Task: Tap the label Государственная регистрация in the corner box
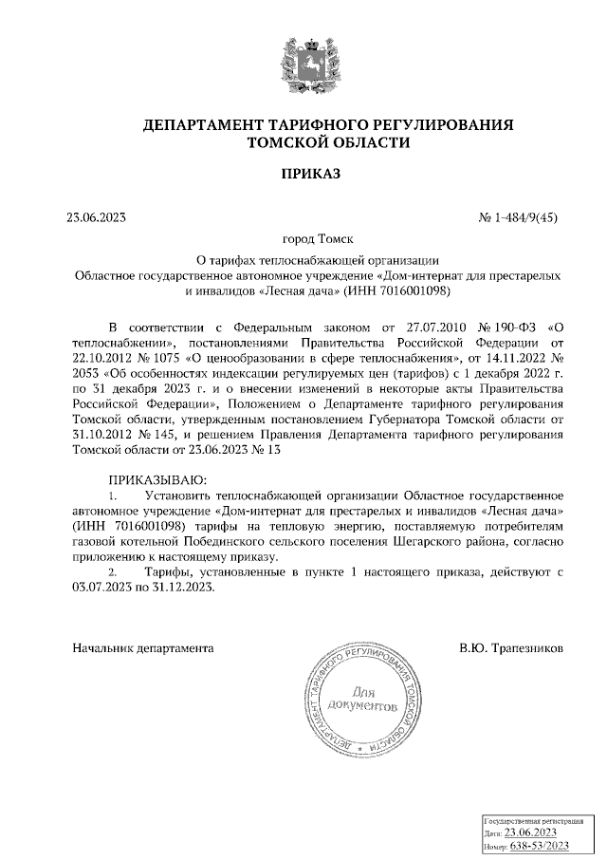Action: tap(531, 818)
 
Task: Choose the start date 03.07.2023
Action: tap(105, 587)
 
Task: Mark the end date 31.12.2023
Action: tap(184, 587)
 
